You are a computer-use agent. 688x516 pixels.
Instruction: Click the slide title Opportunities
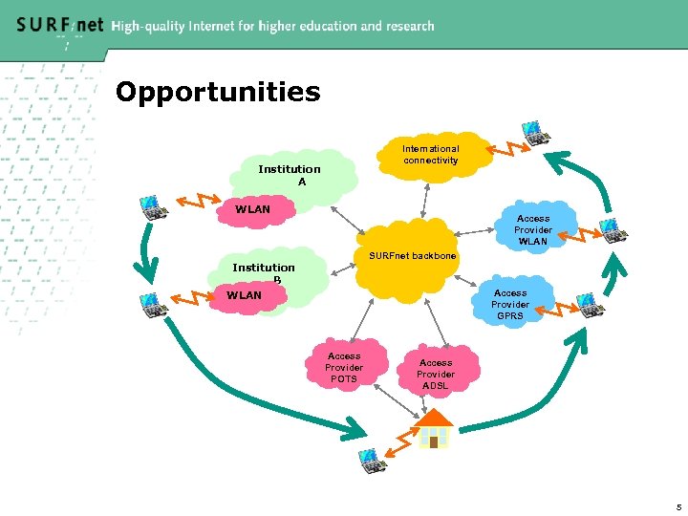[218, 93]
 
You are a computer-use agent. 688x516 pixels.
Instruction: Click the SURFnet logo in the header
[59, 26]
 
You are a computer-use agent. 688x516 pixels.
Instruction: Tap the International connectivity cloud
[430, 155]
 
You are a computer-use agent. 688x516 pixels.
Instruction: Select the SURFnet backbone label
[413, 257]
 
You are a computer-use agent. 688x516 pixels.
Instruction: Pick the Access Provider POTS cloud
[344, 367]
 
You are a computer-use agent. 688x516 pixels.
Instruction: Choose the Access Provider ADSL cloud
[436, 374]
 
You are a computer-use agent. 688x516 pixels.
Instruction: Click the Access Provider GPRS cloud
[510, 304]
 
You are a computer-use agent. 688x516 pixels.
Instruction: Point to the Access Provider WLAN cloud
[532, 230]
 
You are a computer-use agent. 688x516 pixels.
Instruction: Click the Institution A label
[290, 175]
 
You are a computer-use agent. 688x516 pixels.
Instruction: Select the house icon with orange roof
[435, 430]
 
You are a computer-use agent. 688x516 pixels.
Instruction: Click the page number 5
[678, 506]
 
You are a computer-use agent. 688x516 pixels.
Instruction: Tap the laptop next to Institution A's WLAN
[151, 205]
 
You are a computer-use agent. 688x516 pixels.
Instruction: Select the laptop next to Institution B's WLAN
[153, 304]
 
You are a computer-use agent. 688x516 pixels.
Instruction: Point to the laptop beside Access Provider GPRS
[590, 305]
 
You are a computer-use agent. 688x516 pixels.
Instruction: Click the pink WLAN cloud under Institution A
[253, 210]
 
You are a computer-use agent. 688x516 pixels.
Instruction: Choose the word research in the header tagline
[406, 27]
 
